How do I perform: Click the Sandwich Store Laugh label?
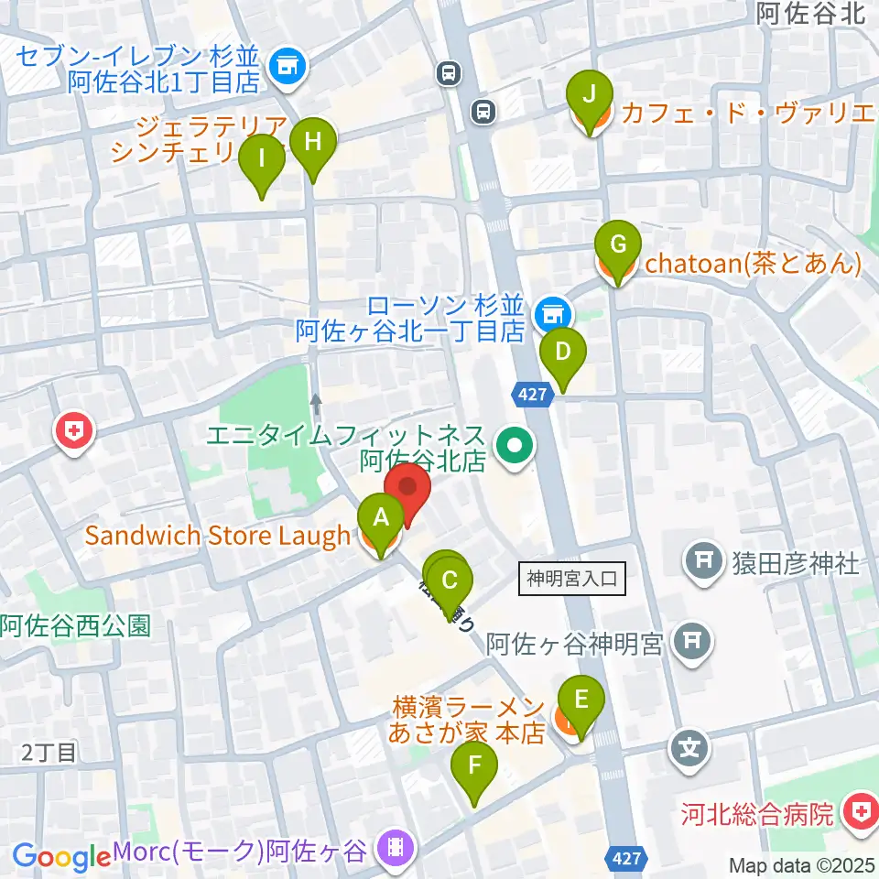point(218,536)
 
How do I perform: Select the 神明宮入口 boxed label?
point(572,579)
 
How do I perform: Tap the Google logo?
point(61,857)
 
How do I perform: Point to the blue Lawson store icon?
point(550,314)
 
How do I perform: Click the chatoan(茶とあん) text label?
point(754,265)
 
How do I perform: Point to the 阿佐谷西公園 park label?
point(75,627)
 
